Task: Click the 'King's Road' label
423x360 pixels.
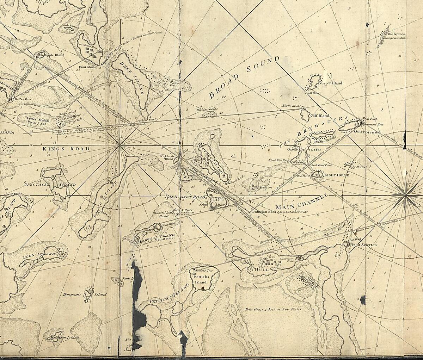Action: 66,149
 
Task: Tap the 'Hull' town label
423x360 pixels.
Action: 262,269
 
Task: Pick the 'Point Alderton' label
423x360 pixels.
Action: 364,245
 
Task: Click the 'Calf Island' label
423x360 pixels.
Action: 319,116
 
